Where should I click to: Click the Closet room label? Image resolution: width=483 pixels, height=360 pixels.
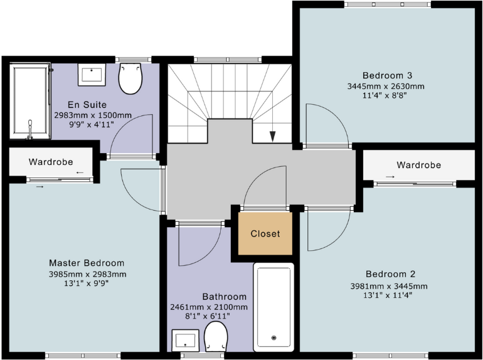(265, 234)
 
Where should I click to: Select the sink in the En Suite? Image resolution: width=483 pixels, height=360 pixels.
(92, 74)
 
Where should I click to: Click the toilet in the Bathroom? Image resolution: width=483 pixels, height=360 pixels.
(216, 337)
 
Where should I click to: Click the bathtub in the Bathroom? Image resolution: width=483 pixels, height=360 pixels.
(273, 307)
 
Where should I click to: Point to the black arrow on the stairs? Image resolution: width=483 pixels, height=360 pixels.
(272, 136)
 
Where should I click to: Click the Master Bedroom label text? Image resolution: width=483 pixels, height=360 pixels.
(87, 263)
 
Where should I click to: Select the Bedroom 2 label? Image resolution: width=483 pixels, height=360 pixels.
(391, 274)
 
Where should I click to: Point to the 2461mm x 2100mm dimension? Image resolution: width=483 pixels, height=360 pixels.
(209, 307)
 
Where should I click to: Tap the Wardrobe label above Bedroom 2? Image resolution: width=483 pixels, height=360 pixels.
(418, 165)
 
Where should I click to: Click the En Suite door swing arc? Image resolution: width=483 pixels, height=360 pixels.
(131, 135)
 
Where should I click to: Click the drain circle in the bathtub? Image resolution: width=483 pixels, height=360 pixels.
(273, 338)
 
